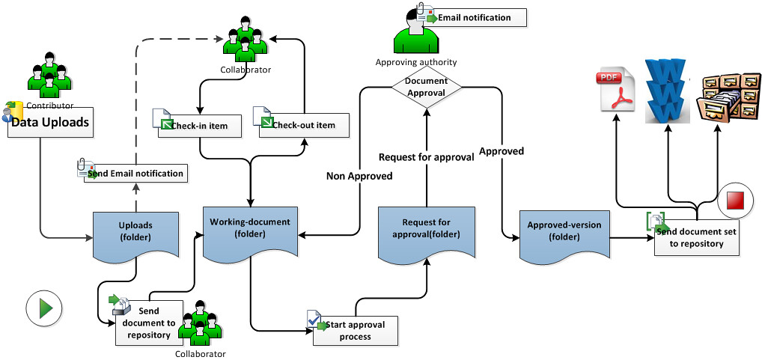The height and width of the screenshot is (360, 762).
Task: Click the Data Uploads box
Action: pyautogui.click(x=51, y=122)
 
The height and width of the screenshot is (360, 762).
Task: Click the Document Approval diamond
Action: pyautogui.click(x=426, y=87)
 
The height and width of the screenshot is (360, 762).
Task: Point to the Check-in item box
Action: pyautogui.click(x=200, y=125)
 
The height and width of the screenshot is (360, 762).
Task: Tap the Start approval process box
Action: pyautogui.click(x=356, y=331)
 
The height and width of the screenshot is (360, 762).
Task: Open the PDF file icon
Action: pyautogui.click(x=616, y=90)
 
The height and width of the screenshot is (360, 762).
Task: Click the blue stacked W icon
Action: pyautogui.click(x=666, y=88)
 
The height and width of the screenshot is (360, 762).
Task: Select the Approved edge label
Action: pyautogui.click(x=502, y=151)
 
